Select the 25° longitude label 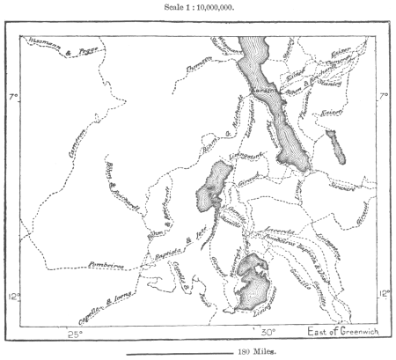(x=76, y=333)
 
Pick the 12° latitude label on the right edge (x=385, y=294)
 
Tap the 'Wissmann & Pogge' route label (x=52, y=41)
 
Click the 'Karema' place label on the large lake (x=263, y=91)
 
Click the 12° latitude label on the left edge (x=11, y=297)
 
